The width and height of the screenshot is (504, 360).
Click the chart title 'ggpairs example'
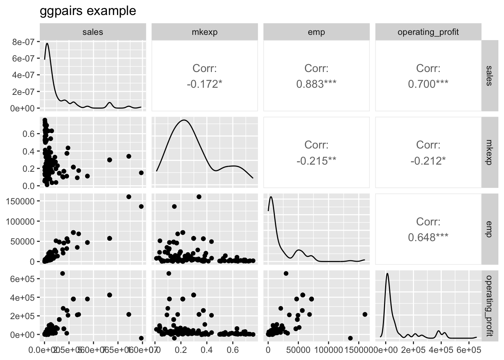[88, 11]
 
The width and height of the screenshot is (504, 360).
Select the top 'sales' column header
[93, 32]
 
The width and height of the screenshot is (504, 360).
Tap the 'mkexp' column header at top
[204, 32]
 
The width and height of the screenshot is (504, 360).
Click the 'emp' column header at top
[316, 32]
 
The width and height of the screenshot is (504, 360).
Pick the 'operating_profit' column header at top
[428, 32]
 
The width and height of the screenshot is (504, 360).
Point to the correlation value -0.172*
[204, 84]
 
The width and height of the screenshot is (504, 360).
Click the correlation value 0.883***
[316, 84]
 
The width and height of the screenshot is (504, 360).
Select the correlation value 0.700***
[428, 84]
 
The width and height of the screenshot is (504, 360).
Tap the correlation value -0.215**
[316, 161]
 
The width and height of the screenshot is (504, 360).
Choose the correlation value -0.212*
[428, 161]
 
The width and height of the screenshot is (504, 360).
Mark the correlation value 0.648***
[428, 237]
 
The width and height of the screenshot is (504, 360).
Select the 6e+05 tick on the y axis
[23, 279]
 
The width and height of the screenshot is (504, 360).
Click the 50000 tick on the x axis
[298, 348]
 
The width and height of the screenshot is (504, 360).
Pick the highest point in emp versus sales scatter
[129, 197]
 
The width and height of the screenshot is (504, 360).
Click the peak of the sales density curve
[47, 43]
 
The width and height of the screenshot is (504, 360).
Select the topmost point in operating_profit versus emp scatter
[286, 273]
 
